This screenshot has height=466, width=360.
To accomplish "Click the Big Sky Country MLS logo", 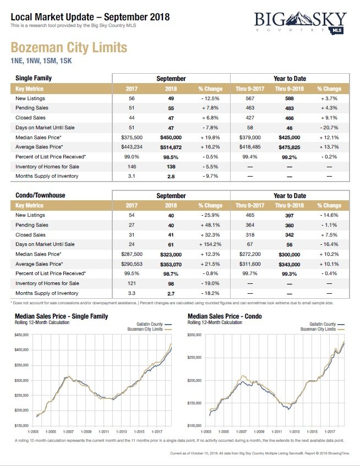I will [301, 25].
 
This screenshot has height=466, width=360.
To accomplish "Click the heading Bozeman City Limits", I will [69, 47].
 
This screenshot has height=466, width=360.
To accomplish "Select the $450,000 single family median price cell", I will [171, 137].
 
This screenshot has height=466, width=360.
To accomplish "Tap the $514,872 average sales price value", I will [171, 147].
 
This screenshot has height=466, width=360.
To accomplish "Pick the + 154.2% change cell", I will [210, 244].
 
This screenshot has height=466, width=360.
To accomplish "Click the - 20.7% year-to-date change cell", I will [329, 127].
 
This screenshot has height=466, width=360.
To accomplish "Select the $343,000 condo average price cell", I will [289, 264].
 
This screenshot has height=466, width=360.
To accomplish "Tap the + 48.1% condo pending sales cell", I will [210, 225].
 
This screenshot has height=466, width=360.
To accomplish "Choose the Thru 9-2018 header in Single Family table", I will [289, 89].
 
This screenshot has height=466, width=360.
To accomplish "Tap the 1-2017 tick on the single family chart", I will [156, 430].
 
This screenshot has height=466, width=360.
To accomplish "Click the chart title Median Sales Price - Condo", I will [225, 316].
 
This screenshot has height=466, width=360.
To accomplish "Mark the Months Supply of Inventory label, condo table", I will [47, 293].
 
